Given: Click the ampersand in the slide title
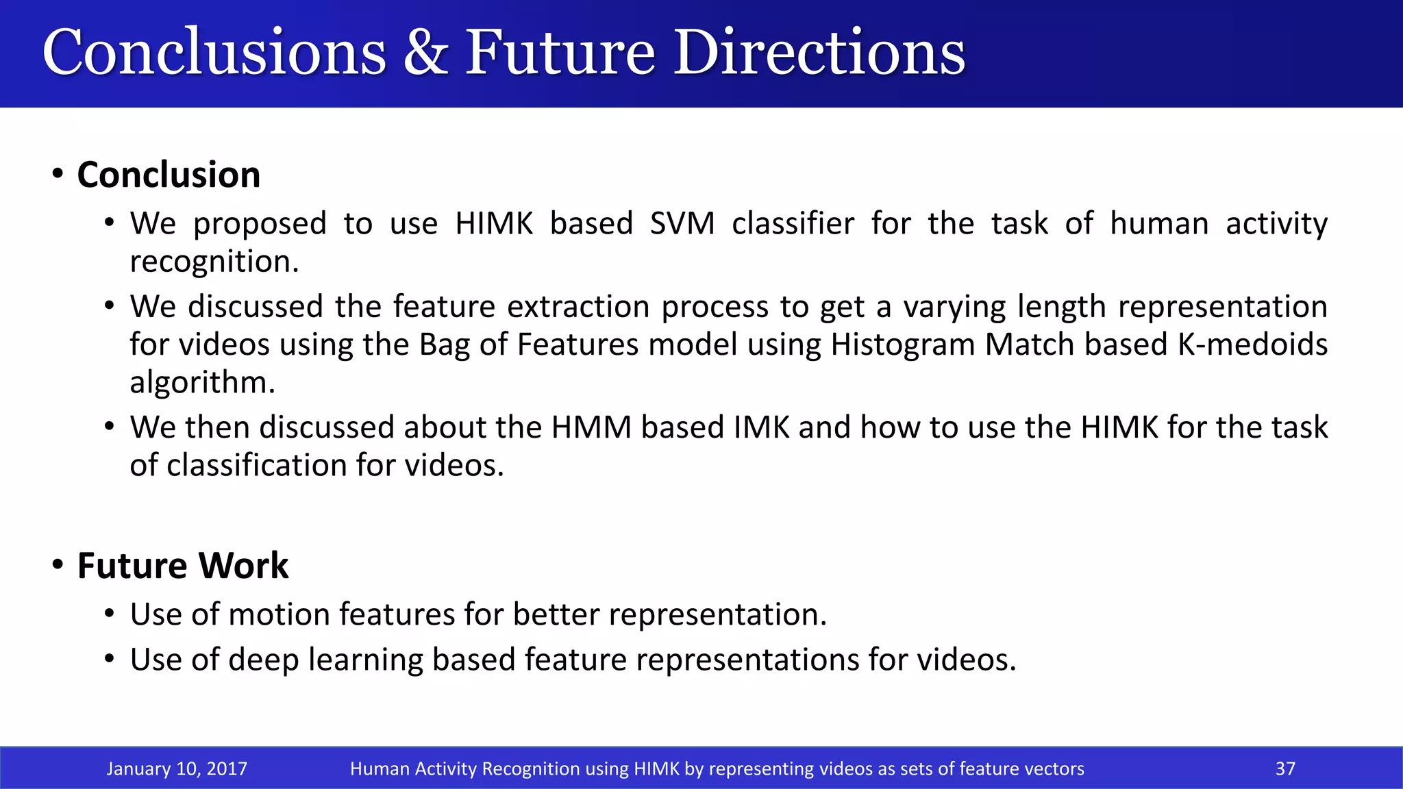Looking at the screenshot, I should pos(425,53).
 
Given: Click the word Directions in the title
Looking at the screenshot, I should pos(819,53).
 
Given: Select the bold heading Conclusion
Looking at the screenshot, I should pos(169,175).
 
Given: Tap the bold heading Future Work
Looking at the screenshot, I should pos(183,566).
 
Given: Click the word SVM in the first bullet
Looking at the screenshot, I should pos(682,224).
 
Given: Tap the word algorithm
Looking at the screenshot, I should pos(201,383).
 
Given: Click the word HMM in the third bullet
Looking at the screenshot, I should pos(591,427).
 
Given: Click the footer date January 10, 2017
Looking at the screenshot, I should pos(177,768).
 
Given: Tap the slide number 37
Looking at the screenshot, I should pos(1285,768).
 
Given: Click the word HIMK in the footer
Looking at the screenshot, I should pos(656,768).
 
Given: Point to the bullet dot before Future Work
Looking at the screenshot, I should pos(58,565).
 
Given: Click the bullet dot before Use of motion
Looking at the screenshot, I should pos(110,614).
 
